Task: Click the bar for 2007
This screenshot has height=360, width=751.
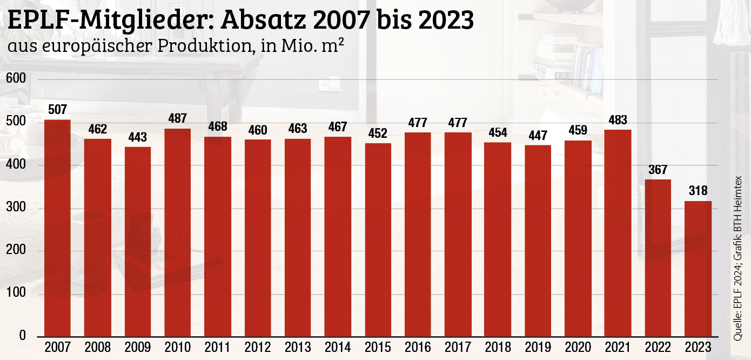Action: tap(57, 228)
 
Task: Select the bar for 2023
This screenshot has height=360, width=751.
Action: tap(698, 269)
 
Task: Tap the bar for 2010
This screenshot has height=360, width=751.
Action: tap(178, 232)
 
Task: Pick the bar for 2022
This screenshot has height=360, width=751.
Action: tap(658, 258)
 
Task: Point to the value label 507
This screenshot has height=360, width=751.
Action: tap(57, 110)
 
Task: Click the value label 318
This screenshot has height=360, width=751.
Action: tap(698, 191)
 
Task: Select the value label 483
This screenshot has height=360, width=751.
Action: tap(618, 120)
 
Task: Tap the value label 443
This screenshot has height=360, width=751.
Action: tap(138, 137)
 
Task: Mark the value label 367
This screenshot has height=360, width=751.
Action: tap(658, 169)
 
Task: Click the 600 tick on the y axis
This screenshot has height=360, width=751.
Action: tap(16, 79)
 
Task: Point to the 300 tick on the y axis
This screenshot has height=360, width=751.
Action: tap(16, 208)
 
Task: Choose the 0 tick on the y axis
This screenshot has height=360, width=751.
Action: tap(23, 336)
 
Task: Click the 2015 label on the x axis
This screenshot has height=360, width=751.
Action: tap(378, 347)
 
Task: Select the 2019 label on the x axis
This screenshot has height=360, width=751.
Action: tap(538, 347)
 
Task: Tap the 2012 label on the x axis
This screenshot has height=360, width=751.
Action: tap(258, 347)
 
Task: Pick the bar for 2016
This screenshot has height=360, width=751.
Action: tap(418, 234)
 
